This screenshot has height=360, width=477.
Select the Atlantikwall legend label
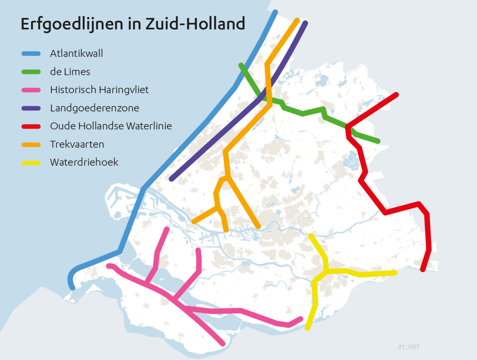[76, 53]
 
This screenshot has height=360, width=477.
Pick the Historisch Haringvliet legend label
[99, 90]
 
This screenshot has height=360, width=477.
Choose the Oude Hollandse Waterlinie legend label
[111, 126]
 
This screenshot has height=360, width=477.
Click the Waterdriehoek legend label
[84, 162]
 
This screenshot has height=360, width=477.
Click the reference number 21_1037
[409, 347]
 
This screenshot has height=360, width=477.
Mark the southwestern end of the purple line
[172, 179]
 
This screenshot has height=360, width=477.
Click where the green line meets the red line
[348, 127]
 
